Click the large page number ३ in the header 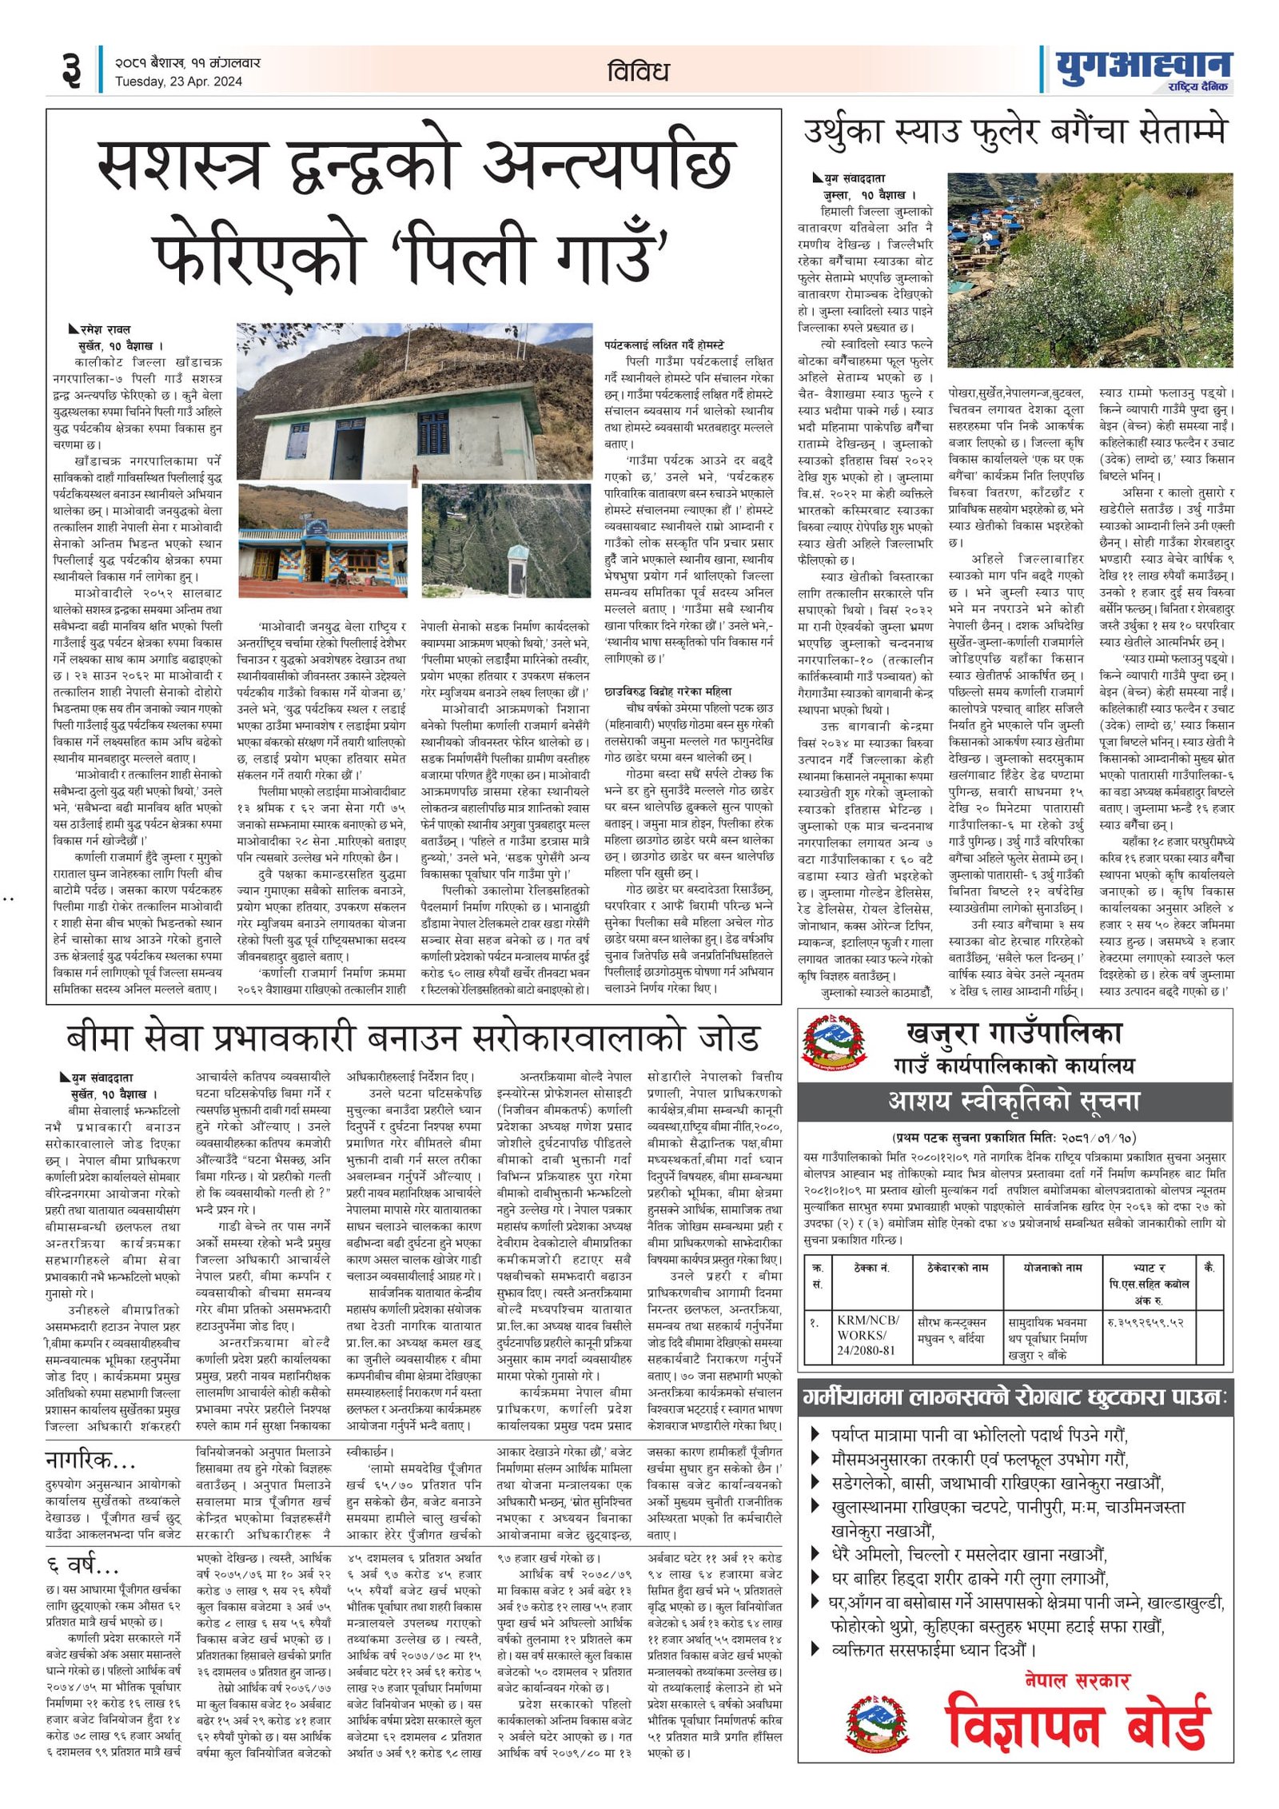pos(71,70)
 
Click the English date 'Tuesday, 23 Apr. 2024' pos(178,82)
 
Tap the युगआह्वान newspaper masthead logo pos(1143,69)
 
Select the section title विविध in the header pos(637,72)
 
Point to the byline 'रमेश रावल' pos(105,329)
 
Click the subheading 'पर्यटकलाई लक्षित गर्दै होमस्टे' pos(664,345)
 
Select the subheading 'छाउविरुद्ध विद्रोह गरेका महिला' pos(667,691)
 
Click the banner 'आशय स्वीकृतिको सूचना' pos(1014,1102)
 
